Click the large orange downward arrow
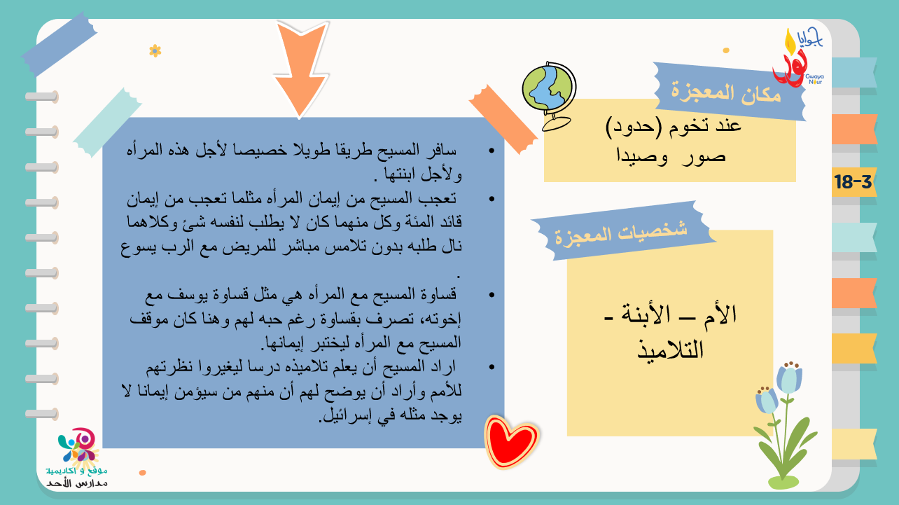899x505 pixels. tap(301, 68)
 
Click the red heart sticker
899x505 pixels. tap(511, 441)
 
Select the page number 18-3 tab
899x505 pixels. tap(853, 182)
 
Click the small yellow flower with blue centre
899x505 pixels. tap(155, 51)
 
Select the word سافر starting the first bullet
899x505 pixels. tap(442, 150)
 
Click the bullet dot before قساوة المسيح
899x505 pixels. tap(492, 295)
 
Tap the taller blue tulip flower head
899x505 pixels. tap(789, 378)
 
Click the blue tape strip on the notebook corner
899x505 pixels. tap(60, 43)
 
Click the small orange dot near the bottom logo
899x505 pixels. tap(142, 473)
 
